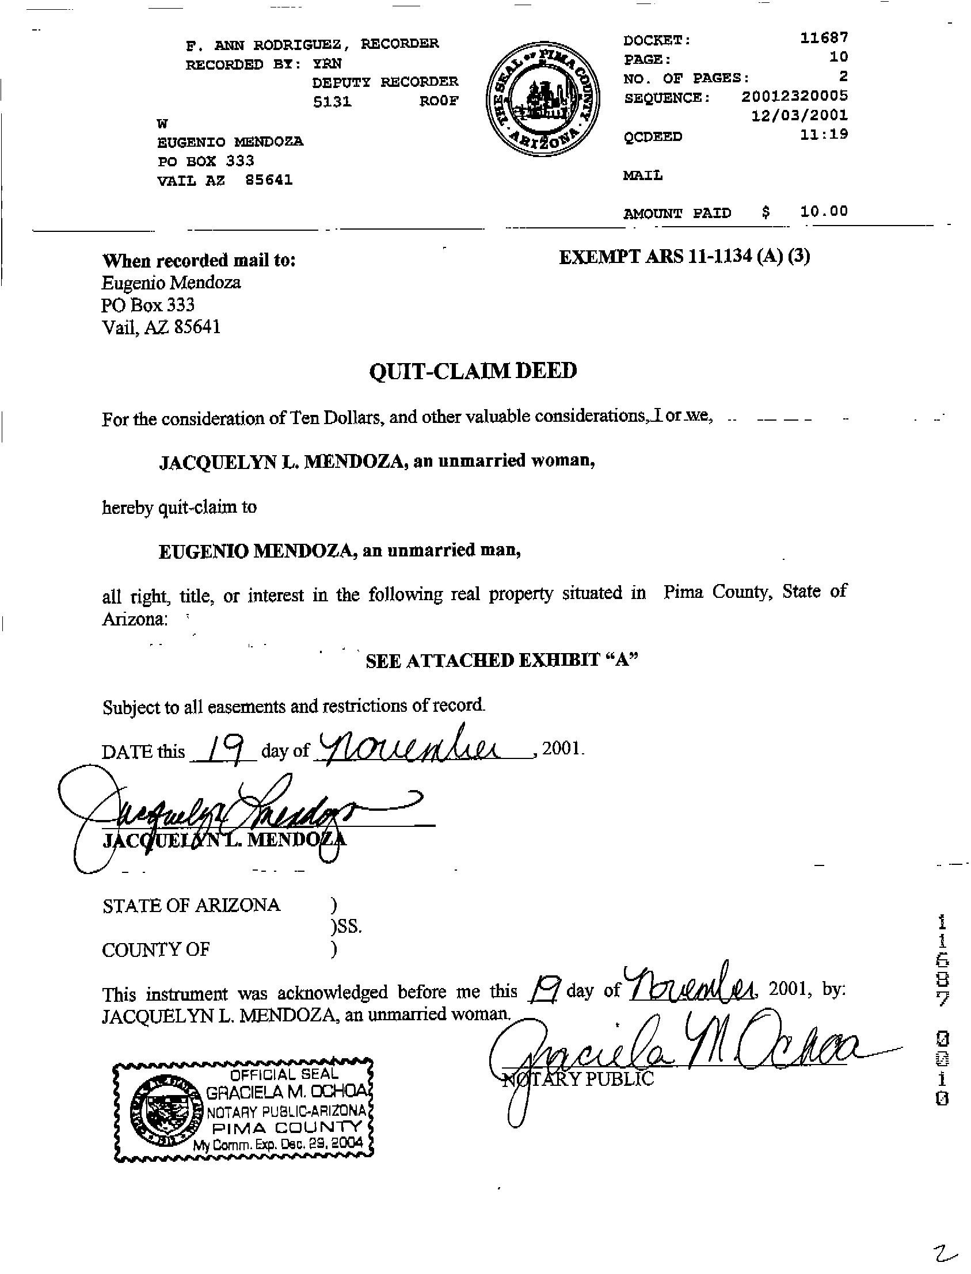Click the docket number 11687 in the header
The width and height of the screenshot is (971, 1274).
point(824,38)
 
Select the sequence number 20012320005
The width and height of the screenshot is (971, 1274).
point(794,96)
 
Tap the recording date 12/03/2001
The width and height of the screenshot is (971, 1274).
point(799,115)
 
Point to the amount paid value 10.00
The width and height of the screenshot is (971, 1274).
point(824,211)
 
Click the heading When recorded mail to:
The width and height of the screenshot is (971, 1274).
point(199,261)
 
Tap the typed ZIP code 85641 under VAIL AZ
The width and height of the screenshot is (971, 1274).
point(269,180)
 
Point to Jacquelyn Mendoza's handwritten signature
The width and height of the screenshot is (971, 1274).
point(231,815)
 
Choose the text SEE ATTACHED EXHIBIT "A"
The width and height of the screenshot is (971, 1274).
point(502,661)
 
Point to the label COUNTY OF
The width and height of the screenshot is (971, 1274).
point(155,949)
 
